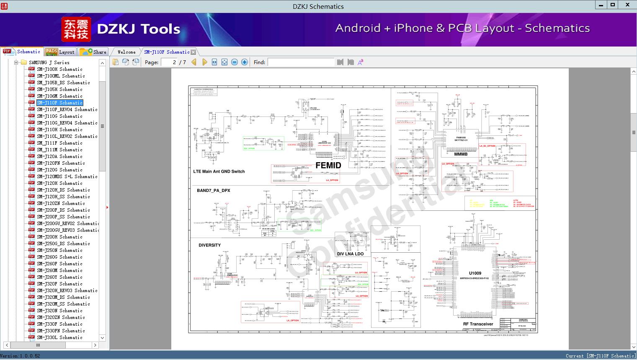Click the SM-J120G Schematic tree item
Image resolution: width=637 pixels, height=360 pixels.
[59, 170]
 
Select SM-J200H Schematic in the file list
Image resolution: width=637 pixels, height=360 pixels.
[59, 237]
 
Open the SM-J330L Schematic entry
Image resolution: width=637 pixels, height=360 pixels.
[59, 337]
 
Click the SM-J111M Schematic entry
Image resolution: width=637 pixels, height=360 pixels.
[59, 150]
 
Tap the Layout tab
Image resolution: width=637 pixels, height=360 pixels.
[60, 52]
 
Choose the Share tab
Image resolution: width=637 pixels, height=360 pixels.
[93, 52]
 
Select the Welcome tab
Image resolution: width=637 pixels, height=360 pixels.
[126, 52]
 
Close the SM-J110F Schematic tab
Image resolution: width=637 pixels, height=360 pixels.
[193, 52]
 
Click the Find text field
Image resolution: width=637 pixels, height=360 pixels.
[301, 62]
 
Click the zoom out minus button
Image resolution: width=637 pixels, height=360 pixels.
[235, 62]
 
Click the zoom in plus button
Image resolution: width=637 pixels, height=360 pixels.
[245, 62]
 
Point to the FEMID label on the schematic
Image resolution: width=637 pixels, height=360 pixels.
[328, 165]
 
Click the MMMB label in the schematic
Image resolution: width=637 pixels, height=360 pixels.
[461, 154]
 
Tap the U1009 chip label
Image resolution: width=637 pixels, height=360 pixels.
[475, 273]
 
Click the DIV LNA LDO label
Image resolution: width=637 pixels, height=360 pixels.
[350, 254]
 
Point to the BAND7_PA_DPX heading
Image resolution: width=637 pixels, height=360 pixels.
[214, 191]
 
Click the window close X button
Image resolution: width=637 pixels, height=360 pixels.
[627, 5]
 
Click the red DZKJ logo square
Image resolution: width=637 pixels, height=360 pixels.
[76, 29]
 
